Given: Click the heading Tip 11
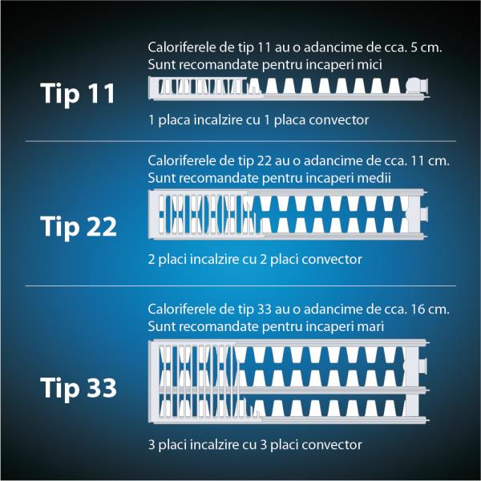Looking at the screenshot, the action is coord(78,93).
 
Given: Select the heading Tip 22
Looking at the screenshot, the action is coord(79,227).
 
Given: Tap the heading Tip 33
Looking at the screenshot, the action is coord(79,388).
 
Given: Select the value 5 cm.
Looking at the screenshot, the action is coord(426,47).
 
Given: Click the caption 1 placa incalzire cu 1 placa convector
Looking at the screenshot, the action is coord(259,120).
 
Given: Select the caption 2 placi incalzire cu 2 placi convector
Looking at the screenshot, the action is coord(255,260).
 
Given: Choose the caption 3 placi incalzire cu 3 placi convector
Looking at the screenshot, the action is coord(255,445).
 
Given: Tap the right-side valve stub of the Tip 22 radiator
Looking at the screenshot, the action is coord(424,213).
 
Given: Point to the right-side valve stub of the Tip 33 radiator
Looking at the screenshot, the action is coord(422,365).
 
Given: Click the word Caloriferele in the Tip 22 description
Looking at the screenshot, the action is coord(182,161).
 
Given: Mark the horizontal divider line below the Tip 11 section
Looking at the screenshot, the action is coord(240,141).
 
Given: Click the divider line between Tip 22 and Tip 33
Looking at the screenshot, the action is coord(240,286).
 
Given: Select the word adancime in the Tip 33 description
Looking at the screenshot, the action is coord(327,309).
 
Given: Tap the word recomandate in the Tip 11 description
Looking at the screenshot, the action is coord(219,65).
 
